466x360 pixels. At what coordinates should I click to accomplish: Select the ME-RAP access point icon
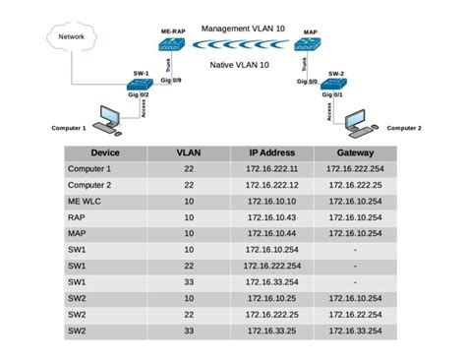point(174,45)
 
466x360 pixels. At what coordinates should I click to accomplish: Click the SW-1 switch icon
point(141,86)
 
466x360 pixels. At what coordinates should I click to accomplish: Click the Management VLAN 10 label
point(243,30)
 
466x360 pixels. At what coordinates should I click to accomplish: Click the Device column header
point(105,153)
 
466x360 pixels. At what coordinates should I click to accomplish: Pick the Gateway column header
point(355,153)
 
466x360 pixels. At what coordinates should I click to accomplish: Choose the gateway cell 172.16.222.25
point(355,185)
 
